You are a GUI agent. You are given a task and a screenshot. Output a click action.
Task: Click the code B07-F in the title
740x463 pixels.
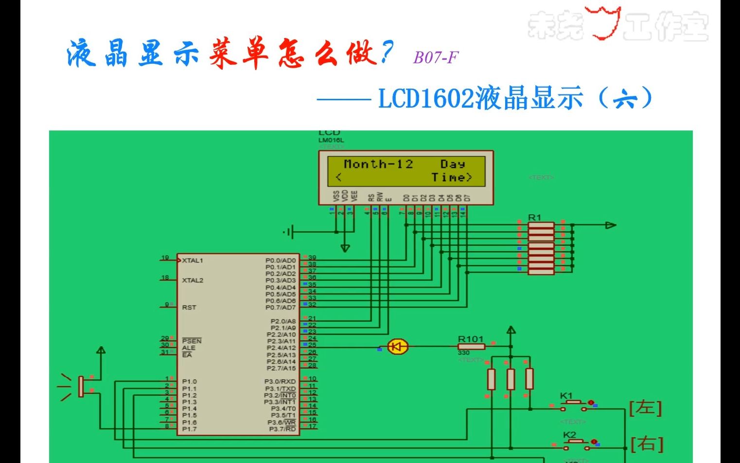(436, 57)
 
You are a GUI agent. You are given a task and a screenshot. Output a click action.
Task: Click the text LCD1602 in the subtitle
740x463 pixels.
(426, 98)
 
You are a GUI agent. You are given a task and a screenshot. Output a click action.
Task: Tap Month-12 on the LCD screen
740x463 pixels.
(378, 164)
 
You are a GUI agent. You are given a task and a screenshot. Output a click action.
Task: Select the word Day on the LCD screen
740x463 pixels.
(452, 164)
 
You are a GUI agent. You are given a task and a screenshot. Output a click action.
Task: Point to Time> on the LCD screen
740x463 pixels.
(452, 178)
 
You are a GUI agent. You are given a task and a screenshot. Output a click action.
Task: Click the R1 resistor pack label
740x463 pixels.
(534, 217)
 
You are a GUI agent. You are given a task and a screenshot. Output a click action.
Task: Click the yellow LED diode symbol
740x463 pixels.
(398, 347)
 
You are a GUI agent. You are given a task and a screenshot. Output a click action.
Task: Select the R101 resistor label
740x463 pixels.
(470, 339)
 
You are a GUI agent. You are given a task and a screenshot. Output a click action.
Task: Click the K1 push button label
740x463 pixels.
(566, 396)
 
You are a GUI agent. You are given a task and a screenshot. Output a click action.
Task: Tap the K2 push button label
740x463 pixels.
(569, 434)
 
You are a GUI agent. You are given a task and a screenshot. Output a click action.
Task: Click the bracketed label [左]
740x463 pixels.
(645, 407)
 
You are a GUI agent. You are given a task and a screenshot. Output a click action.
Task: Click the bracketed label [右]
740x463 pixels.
(647, 444)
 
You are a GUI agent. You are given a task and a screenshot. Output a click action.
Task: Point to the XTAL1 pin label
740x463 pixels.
(193, 260)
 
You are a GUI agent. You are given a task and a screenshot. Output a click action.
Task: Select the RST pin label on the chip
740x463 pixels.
(189, 307)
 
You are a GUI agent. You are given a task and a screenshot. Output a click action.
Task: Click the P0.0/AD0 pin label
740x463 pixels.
(280, 260)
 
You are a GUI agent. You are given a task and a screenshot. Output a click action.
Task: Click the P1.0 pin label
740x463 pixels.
(189, 382)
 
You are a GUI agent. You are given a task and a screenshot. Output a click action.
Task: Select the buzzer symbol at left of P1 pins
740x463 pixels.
(80, 386)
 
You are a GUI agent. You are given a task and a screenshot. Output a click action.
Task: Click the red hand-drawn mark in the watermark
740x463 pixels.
(604, 23)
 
